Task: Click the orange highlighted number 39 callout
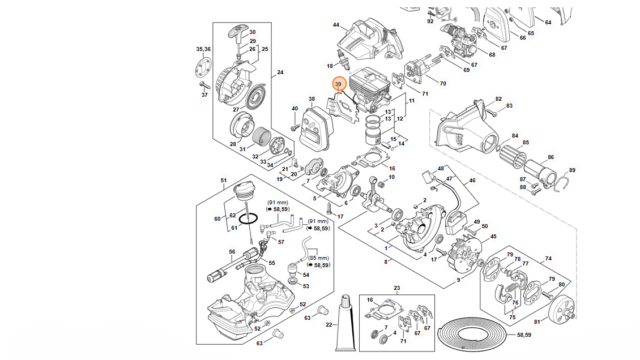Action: tap(338, 84)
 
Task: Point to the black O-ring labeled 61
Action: tap(248, 219)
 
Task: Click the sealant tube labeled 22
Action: tap(345, 323)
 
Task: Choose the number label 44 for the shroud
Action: tap(336, 25)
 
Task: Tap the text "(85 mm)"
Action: tap(318, 258)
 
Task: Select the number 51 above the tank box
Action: tap(224, 181)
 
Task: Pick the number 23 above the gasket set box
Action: tap(396, 288)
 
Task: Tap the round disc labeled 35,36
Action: tap(203, 67)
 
